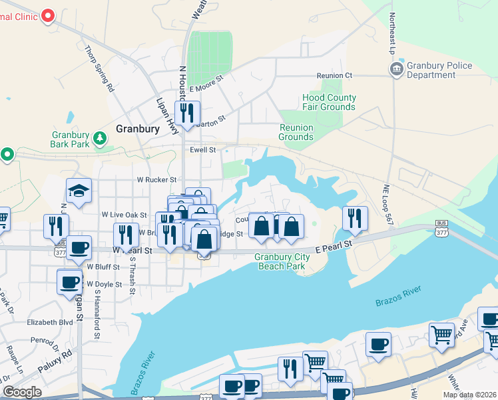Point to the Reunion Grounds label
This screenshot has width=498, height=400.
(296, 132)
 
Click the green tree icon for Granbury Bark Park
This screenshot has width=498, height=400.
(100, 138)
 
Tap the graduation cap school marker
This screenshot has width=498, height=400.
(79, 191)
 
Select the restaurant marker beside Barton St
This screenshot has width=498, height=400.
(187, 113)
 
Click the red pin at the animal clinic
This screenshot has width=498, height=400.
(48, 15)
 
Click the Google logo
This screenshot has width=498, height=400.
(22, 392)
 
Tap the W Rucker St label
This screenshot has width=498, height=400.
(156, 179)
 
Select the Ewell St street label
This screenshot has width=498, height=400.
(203, 151)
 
